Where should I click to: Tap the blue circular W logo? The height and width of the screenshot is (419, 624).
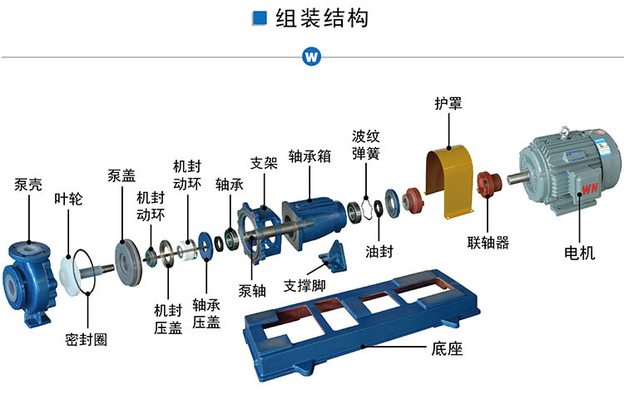tap(312, 57)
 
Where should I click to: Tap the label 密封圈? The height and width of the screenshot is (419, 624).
tap(86, 339)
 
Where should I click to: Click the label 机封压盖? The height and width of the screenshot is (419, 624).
tap(167, 317)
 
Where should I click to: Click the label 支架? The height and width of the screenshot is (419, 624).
tap(264, 162)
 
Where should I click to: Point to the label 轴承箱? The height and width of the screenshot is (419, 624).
tap(309, 156)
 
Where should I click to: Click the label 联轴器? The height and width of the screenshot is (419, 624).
tap(488, 243)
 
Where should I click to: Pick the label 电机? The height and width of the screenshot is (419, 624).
tap(579, 254)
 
